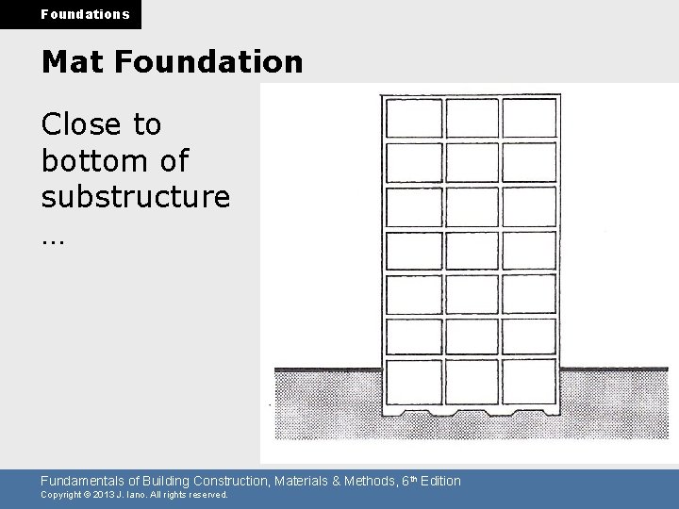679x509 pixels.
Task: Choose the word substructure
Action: (136, 197)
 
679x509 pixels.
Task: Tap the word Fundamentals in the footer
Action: (84, 481)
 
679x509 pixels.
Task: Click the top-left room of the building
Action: (414, 118)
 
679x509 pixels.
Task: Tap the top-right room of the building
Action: (528, 118)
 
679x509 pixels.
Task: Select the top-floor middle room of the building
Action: (472, 118)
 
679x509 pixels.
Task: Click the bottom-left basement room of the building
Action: (414, 382)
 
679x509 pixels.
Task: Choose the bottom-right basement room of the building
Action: (528, 382)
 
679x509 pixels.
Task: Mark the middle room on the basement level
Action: (472, 382)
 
